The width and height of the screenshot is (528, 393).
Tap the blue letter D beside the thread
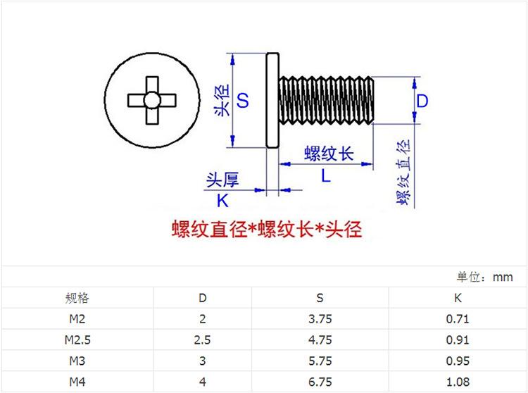click(422, 101)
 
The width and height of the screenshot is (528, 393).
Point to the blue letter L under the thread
click(326, 176)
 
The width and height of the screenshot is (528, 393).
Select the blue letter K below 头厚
click(222, 200)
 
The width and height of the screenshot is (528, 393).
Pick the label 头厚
click(222, 180)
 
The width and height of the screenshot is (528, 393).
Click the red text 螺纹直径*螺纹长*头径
click(267, 230)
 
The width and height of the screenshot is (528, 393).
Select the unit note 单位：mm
click(485, 277)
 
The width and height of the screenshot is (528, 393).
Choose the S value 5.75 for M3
click(320, 361)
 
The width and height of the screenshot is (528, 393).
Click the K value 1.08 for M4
click(458, 382)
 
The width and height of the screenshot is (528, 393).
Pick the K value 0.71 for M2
click(458, 319)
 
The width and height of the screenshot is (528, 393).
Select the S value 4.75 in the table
click(320, 340)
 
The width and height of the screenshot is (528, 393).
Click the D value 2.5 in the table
click(203, 340)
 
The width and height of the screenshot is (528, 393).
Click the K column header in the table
click(458, 298)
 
